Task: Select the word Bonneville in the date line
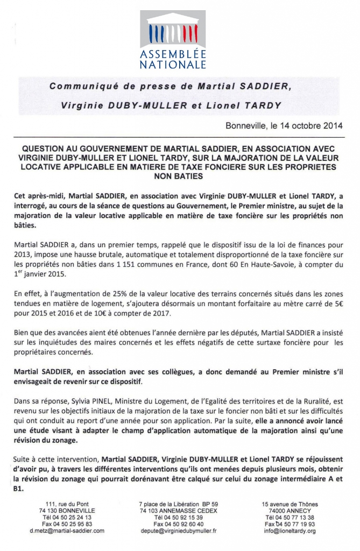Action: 247,128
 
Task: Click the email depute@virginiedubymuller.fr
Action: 178,530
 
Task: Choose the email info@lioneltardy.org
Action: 290,530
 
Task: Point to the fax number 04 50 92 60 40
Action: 178,524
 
